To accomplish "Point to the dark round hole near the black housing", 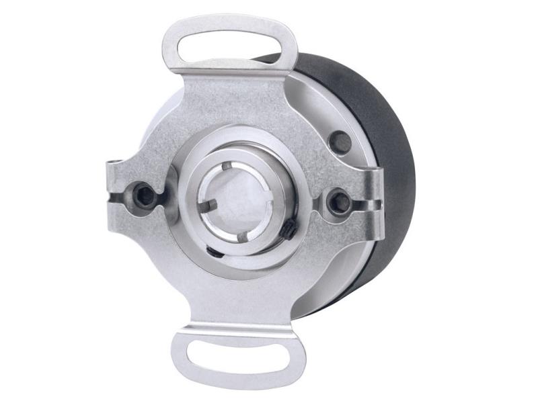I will [341, 141].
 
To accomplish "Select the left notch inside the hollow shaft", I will [210, 201].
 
